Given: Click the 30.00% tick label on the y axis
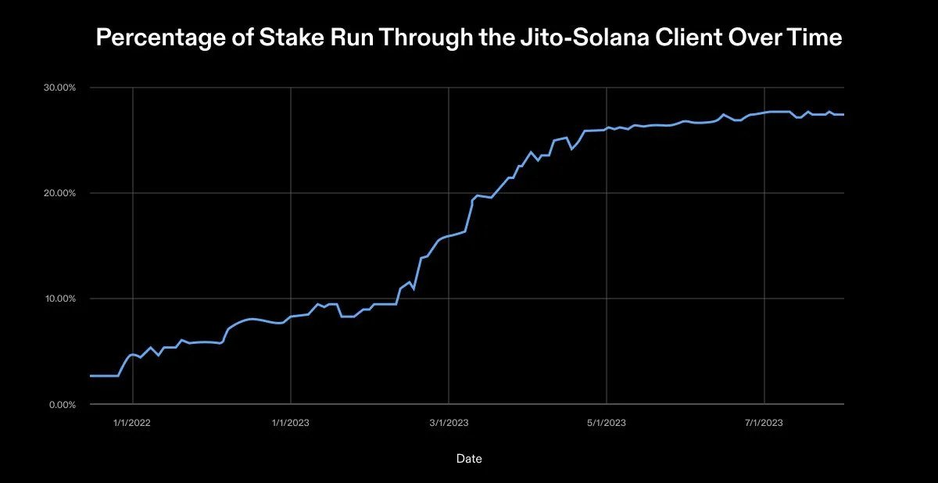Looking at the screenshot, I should (59, 88).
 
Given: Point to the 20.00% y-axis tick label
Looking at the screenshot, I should (59, 193).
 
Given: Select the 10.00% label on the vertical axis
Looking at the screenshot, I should (59, 299).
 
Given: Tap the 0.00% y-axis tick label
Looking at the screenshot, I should (61, 404).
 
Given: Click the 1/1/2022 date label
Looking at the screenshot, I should (133, 423).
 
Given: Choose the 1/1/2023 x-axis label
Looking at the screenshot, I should (291, 423).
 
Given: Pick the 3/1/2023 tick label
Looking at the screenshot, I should (449, 423).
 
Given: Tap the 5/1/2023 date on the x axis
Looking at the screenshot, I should (607, 423).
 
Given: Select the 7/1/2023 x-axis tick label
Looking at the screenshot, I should (764, 423).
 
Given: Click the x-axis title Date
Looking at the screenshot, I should (469, 459).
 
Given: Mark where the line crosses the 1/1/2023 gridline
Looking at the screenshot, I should (291, 317).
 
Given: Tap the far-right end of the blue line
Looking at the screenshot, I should (843, 115).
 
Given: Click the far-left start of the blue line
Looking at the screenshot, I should (91, 376).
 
